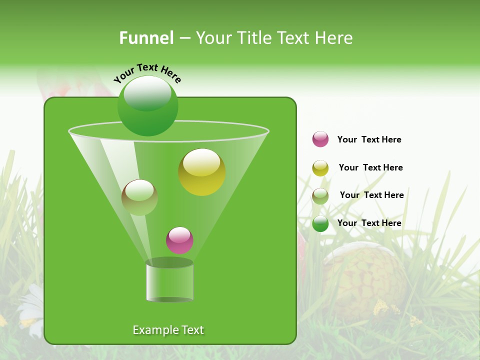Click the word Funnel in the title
pyautogui.click(x=146, y=38)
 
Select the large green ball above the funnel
pyautogui.click(x=147, y=105)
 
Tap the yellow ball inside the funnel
pyautogui.click(x=201, y=172)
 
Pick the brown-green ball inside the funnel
pyautogui.click(x=139, y=197)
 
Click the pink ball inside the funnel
pyautogui.click(x=179, y=240)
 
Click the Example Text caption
pyautogui.click(x=168, y=330)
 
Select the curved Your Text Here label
pyautogui.click(x=147, y=73)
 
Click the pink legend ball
pyautogui.click(x=320, y=139)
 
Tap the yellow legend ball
pyautogui.click(x=320, y=168)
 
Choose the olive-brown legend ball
pyautogui.click(x=320, y=196)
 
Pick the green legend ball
pyautogui.click(x=320, y=223)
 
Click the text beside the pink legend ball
pyautogui.click(x=369, y=139)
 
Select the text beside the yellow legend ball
pyautogui.click(x=370, y=167)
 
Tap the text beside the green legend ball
pyautogui.click(x=369, y=223)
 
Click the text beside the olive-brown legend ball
pyautogui.click(x=371, y=195)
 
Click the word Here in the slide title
pyautogui.click(x=334, y=38)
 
